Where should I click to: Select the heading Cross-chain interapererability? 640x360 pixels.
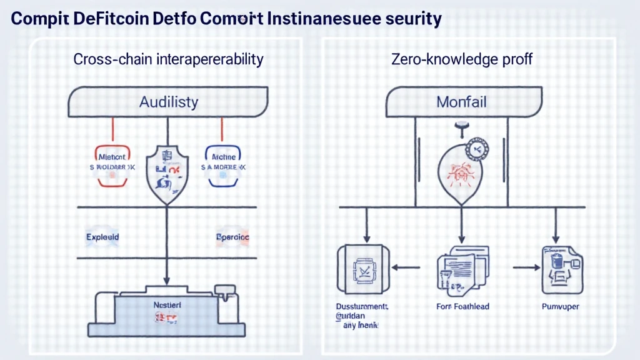pyautogui.click(x=168, y=60)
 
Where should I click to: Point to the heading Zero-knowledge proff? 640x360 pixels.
pyautogui.click(x=462, y=60)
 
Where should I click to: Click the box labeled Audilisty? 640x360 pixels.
pyautogui.click(x=168, y=101)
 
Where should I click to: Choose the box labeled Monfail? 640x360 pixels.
pyautogui.click(x=462, y=101)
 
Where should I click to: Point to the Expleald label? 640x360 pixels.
pyautogui.click(x=102, y=238)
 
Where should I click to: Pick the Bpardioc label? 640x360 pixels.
pyautogui.click(x=232, y=238)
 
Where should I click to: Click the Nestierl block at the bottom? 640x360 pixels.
pyautogui.click(x=167, y=311)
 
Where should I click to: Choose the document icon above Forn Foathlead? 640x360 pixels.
pyautogui.click(x=461, y=267)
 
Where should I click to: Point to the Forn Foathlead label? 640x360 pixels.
pyautogui.click(x=463, y=307)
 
